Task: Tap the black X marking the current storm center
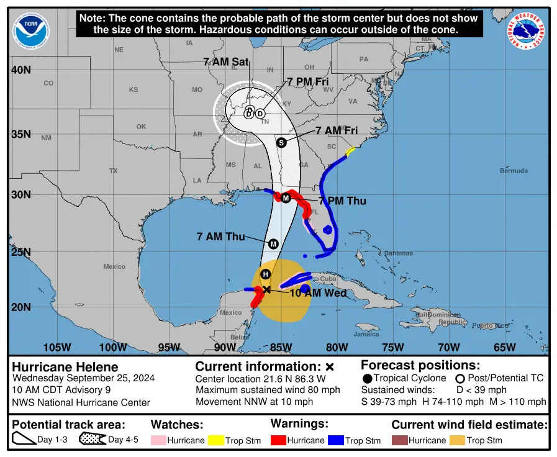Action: click(266, 289)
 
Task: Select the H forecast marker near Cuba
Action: click(265, 274)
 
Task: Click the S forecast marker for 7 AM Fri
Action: click(281, 142)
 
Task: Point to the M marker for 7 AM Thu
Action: click(273, 243)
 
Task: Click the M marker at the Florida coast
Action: click(286, 198)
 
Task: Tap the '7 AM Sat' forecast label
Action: click(226, 61)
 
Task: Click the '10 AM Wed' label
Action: click(318, 292)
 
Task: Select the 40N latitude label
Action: click(21, 70)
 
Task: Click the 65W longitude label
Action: click(504, 347)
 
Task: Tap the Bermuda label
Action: click(514, 171)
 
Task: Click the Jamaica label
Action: click(366, 334)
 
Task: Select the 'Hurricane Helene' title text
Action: click(65, 366)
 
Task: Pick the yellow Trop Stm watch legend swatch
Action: click(215, 440)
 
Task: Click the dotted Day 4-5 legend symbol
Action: click(92, 440)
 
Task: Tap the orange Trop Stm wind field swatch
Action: click(456, 440)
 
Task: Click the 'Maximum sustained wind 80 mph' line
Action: click(268, 390)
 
